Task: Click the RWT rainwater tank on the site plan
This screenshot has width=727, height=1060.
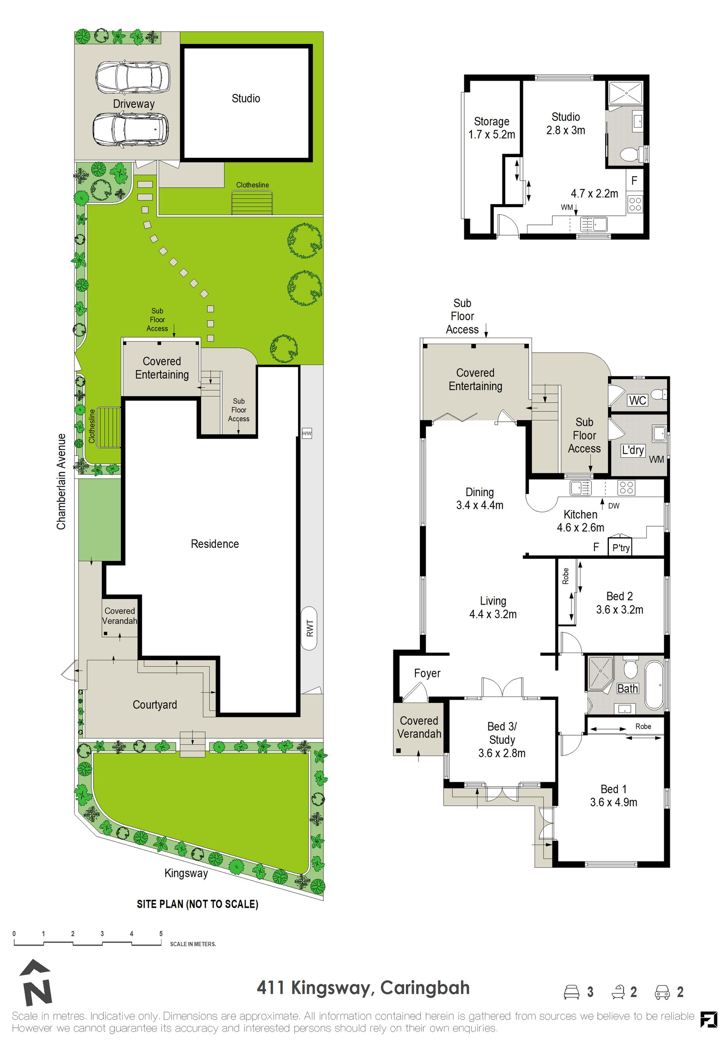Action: pos(309,628)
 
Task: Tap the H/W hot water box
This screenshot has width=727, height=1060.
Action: pos(307,433)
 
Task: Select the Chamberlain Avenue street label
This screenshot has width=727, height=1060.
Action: pos(61,482)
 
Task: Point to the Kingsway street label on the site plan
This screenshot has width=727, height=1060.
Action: pos(186,873)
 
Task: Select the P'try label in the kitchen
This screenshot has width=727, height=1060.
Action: pos(621,548)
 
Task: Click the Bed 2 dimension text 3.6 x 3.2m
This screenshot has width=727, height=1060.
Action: pos(620,610)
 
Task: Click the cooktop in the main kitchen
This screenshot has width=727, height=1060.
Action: pos(626,488)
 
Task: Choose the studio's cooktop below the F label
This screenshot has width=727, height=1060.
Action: pos(635,203)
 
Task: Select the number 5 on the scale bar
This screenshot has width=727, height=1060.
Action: pos(161,933)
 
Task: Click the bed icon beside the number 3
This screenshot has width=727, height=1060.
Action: pos(572,991)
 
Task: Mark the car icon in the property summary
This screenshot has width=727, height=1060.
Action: pos(662,991)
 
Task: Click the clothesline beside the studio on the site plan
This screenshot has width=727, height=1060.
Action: pos(252,203)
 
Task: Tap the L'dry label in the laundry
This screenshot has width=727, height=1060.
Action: pos(633,450)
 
